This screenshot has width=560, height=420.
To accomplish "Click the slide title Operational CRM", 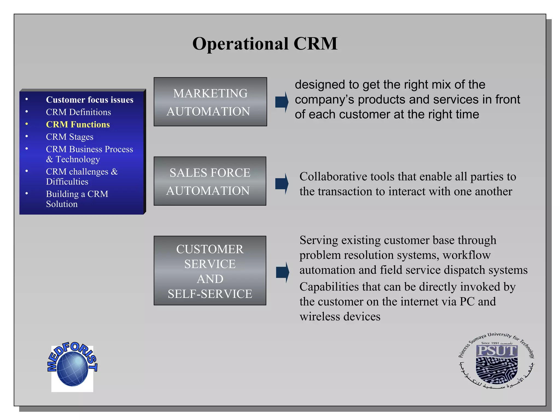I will [x=265, y=44].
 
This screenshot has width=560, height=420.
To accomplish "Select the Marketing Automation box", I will [x=210, y=102].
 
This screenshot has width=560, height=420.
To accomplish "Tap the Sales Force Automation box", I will [x=210, y=181].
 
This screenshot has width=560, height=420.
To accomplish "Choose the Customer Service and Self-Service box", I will [x=210, y=271].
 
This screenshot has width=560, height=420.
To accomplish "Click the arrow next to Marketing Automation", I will [x=282, y=102].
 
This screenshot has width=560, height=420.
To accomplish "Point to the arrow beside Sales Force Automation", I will [x=282, y=183].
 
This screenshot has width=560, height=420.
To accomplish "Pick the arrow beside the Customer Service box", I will [x=282, y=272].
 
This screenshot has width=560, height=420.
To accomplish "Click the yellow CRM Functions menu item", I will [x=78, y=124].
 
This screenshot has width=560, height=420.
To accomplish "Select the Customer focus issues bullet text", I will [x=89, y=100].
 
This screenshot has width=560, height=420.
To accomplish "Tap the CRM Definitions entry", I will [x=78, y=112].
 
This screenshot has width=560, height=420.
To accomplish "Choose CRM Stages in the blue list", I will [x=69, y=137].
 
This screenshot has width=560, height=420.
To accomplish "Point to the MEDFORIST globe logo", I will [x=72, y=366].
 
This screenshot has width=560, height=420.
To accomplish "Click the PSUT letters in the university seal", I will [x=496, y=351].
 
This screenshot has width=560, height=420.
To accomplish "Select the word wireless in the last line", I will [x=320, y=317].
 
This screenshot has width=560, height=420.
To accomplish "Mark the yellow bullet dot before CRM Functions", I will [x=27, y=124].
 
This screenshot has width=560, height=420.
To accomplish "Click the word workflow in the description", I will [x=466, y=255].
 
